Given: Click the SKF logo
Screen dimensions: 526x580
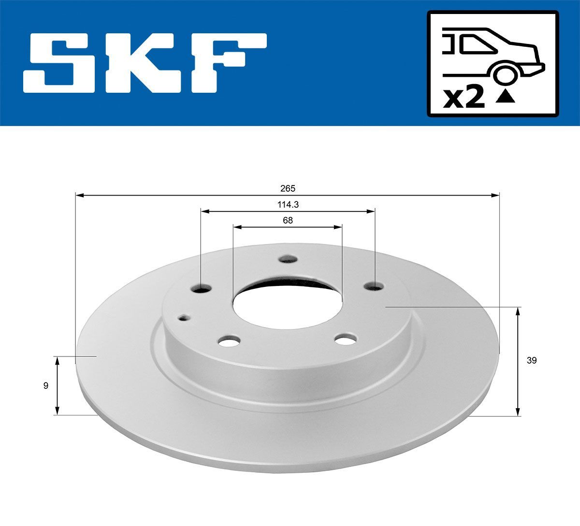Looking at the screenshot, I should point(145,63).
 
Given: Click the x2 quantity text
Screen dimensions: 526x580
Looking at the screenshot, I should point(464,99).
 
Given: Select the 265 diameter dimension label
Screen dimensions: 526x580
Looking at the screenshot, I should point(287,188).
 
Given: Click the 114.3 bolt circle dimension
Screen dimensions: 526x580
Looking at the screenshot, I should point(288,204).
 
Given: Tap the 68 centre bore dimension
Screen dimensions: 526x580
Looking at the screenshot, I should point(288,220).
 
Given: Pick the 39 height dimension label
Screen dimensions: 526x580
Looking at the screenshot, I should point(532,360).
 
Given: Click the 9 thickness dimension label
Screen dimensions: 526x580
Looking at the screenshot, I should point(45,385).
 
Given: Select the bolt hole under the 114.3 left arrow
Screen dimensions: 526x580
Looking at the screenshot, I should point(201,288).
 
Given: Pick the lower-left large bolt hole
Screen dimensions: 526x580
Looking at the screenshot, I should point(229,341).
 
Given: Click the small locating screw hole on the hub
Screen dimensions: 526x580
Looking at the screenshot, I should point(184,317).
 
